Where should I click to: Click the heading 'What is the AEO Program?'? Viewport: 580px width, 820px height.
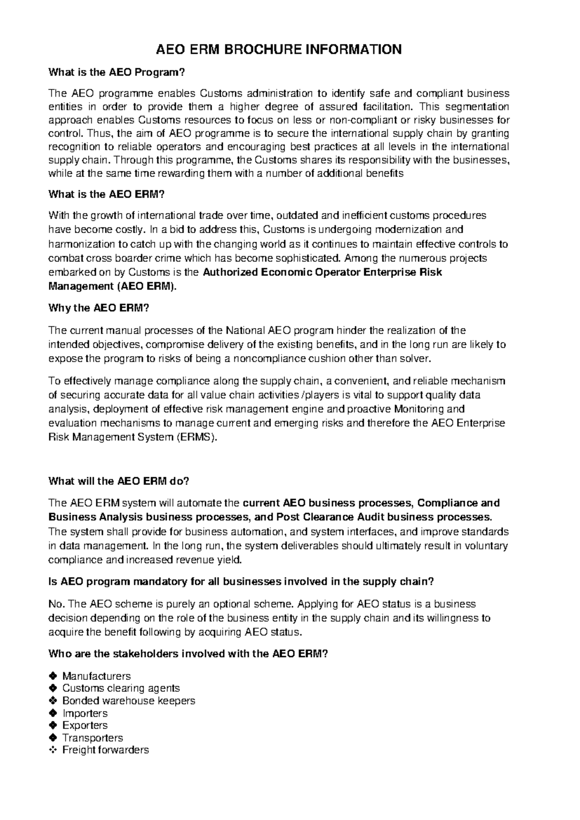click(x=117, y=73)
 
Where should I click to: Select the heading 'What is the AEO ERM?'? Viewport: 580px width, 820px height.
click(x=107, y=194)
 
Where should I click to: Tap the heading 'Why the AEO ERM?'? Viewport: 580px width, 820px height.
click(x=99, y=308)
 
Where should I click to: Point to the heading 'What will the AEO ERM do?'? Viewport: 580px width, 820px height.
click(x=119, y=482)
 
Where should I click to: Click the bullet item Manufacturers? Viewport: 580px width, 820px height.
click(x=96, y=675)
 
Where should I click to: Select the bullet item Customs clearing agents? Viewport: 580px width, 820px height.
click(x=121, y=688)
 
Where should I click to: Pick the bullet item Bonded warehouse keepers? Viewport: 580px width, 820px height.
click(x=129, y=701)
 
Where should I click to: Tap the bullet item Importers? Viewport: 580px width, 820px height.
click(x=85, y=713)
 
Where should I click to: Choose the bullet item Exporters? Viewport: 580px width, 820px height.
click(x=85, y=725)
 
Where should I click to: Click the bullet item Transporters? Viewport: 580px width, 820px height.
click(x=92, y=738)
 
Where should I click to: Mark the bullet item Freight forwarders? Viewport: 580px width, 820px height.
click(x=105, y=750)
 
